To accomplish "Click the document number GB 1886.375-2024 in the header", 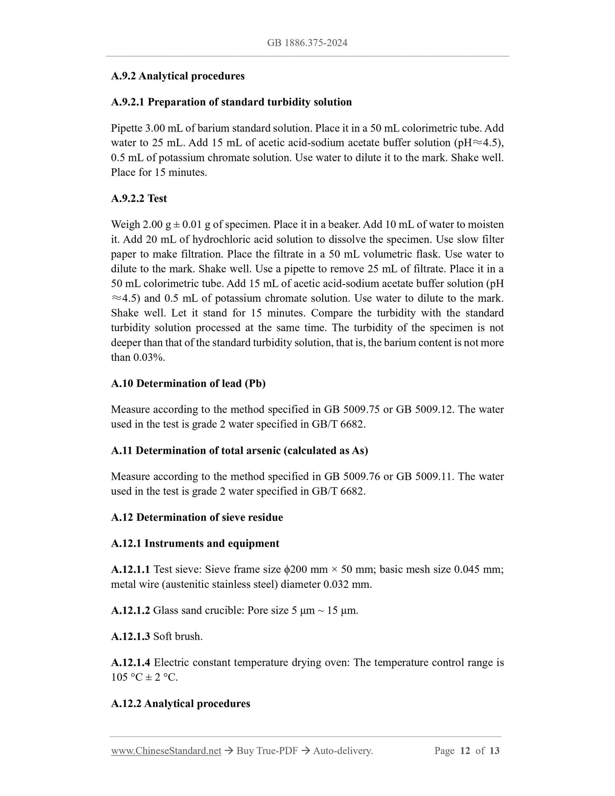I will (x=307, y=43).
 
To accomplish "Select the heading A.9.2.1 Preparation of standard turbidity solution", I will (x=231, y=102).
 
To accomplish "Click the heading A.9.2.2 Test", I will (x=139, y=198).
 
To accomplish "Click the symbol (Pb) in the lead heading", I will (x=255, y=384).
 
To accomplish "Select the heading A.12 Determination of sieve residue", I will (x=197, y=517).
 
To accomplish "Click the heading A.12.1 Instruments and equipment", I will (x=195, y=544).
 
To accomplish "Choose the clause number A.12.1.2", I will (x=130, y=610).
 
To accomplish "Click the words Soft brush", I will (x=178, y=636).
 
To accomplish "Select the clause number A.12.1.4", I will (x=130, y=662).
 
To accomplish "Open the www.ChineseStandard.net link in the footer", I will (x=166, y=751).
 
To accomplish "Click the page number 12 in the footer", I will (x=465, y=751).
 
